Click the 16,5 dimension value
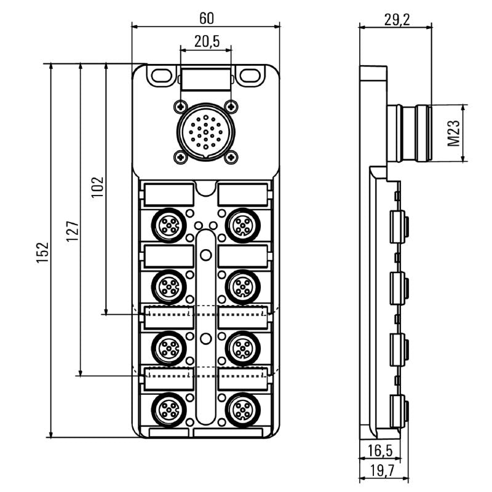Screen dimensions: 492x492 tap(379, 451)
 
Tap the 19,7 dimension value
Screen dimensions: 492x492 tap(379, 472)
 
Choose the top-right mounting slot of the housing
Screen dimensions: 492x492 tap(250, 76)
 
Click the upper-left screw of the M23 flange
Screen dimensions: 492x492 tap(180, 106)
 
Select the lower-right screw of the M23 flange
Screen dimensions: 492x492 tap(231, 157)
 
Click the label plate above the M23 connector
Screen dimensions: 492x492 tap(206, 79)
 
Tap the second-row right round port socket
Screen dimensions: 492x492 tap(242, 285)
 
